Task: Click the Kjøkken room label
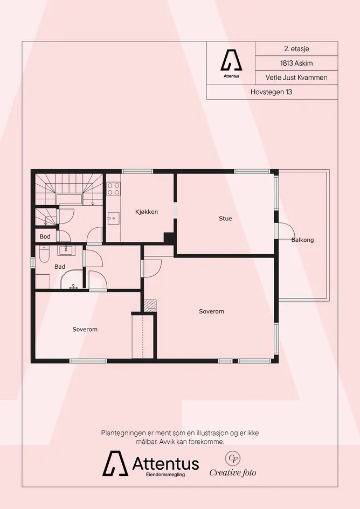(147, 212)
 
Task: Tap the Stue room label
(225, 219)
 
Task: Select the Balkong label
(302, 240)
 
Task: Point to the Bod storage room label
(45, 236)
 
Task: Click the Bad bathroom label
(59, 267)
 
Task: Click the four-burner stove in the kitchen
(113, 189)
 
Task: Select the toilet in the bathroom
(44, 254)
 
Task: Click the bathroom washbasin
(66, 249)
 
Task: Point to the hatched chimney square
(150, 305)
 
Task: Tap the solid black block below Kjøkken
(169, 238)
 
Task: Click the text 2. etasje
(296, 48)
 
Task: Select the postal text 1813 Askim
(296, 63)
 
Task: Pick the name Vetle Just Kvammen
(296, 77)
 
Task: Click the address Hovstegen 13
(271, 92)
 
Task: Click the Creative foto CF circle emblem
(233, 458)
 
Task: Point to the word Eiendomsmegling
(165, 475)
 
